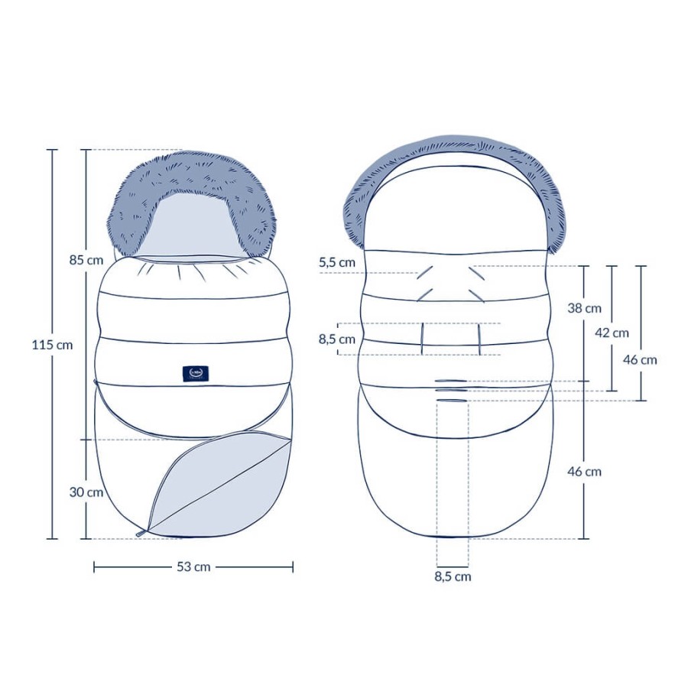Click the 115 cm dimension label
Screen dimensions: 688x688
click(x=53, y=345)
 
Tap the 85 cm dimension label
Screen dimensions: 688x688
click(x=86, y=259)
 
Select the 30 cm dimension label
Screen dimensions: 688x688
click(x=86, y=492)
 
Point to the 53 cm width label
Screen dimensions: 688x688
click(x=193, y=566)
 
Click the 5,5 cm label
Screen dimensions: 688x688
click(x=337, y=262)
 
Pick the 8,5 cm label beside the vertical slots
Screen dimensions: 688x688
click(x=337, y=339)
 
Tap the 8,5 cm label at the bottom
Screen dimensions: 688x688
click(x=453, y=576)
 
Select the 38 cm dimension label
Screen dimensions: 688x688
click(x=583, y=308)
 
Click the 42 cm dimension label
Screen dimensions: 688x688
click(x=612, y=333)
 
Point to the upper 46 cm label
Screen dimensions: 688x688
click(x=639, y=359)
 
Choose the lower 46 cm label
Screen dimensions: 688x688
click(x=583, y=472)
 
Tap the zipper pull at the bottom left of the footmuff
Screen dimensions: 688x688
click(x=141, y=532)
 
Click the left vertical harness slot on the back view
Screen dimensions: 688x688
click(x=422, y=339)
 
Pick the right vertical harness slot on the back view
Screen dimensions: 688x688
click(x=479, y=339)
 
